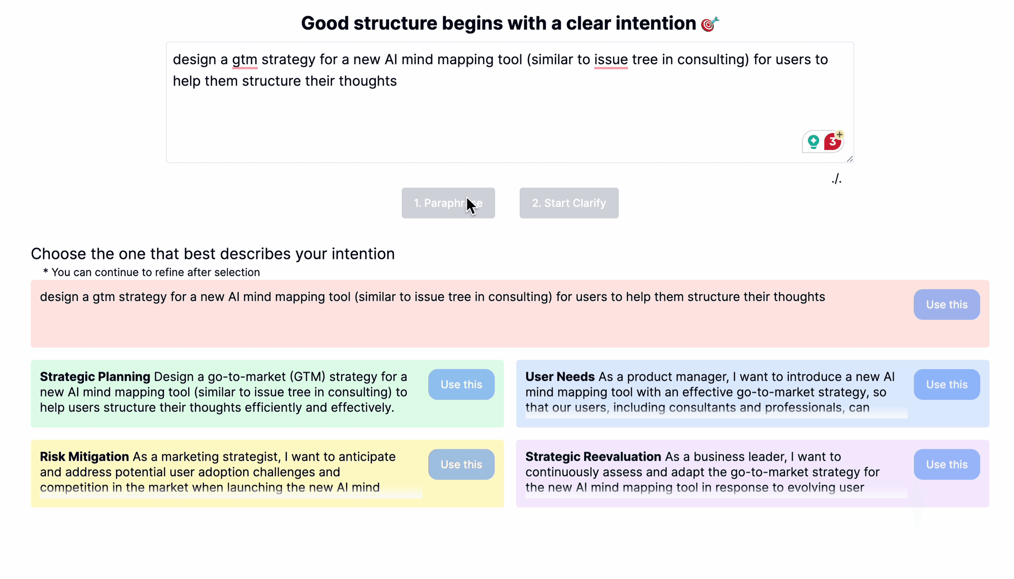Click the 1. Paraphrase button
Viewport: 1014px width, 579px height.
[x=448, y=203]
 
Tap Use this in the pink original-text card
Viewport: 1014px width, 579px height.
[x=947, y=304]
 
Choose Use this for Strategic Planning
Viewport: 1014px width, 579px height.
[x=461, y=385]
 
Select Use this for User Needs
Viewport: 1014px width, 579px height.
[x=947, y=385]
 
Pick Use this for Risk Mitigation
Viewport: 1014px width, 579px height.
[x=461, y=464]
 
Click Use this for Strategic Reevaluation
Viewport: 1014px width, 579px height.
[x=947, y=464]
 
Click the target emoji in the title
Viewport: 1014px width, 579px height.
[x=710, y=24]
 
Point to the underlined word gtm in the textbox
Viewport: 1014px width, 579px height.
[x=245, y=60]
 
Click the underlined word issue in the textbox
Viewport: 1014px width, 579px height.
[x=611, y=60]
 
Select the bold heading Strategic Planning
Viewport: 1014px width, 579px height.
[x=95, y=377]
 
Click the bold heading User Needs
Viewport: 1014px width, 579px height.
[x=560, y=377]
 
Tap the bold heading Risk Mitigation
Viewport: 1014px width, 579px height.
[x=84, y=457]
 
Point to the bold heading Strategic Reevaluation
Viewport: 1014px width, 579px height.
[x=593, y=457]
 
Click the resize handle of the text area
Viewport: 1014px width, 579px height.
[x=850, y=159]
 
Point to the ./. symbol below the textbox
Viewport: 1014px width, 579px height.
[x=836, y=179]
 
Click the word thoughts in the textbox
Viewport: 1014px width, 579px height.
[x=368, y=81]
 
